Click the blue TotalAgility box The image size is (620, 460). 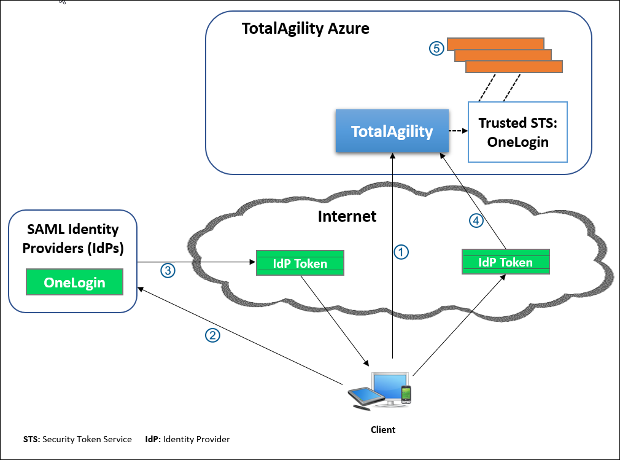click(392, 131)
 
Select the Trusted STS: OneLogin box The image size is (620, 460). click(517, 132)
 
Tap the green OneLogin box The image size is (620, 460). click(74, 283)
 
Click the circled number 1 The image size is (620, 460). click(400, 251)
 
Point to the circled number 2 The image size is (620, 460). click(212, 335)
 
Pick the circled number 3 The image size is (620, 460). click(168, 270)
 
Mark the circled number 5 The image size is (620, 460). click(436, 49)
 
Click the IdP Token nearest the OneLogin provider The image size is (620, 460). click(300, 263)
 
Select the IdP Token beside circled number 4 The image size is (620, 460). click(505, 262)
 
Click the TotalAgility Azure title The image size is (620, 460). click(305, 28)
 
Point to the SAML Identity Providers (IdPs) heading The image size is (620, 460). click(73, 238)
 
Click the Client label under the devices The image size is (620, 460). click(383, 429)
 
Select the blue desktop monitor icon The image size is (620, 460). click(389, 385)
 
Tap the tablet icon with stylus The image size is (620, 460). click(360, 397)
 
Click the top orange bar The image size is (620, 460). click(495, 43)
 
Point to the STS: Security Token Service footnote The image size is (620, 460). click(77, 439)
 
